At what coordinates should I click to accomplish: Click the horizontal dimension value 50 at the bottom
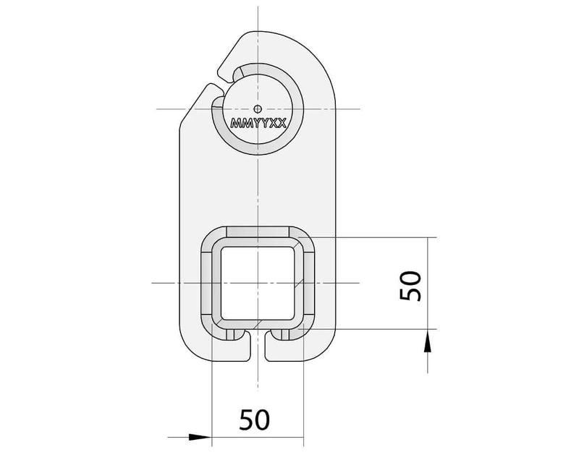point(254,419)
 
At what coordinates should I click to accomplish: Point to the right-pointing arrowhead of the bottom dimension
point(200,436)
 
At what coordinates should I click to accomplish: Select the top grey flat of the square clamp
point(258,231)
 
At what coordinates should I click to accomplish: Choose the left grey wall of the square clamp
point(206,283)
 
